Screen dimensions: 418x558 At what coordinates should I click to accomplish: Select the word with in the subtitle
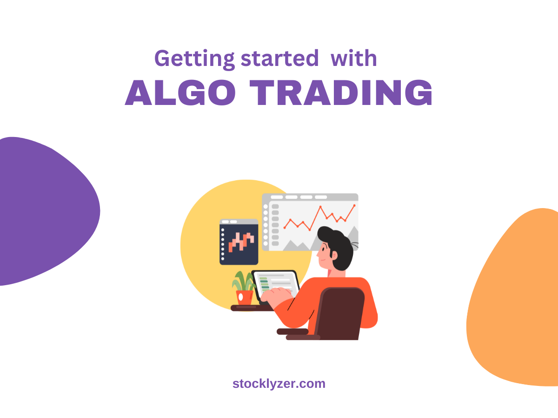click(x=353, y=59)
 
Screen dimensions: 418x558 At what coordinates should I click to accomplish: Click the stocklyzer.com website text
click(x=279, y=384)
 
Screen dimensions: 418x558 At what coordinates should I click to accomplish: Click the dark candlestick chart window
click(x=239, y=242)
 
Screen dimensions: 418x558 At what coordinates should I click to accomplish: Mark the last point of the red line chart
click(x=354, y=205)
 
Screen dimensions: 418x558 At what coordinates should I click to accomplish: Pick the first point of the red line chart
click(x=285, y=228)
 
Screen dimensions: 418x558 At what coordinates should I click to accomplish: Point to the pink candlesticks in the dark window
click(x=241, y=241)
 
